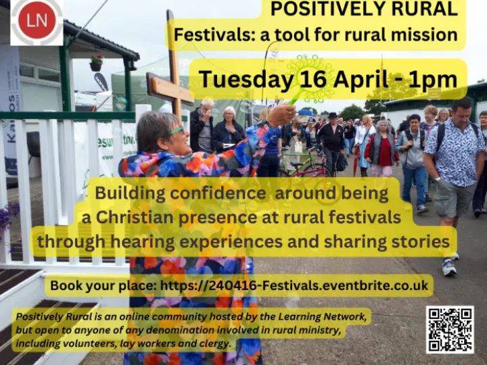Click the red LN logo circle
(37, 21)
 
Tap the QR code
(450, 329)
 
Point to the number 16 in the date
(312, 80)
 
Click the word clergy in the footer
(214, 344)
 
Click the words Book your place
(103, 286)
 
